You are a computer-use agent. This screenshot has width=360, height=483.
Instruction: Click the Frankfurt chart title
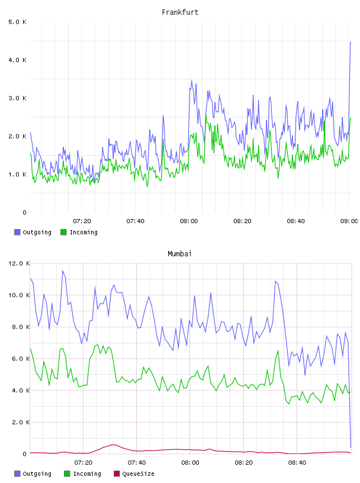pyautogui.click(x=180, y=12)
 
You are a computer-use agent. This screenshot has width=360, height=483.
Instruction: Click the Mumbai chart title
pyautogui.click(x=179, y=254)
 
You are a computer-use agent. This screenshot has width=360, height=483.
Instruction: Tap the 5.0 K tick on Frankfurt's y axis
pyautogui.click(x=17, y=22)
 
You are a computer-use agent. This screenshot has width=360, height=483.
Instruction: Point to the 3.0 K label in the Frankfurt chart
pyautogui.click(x=17, y=98)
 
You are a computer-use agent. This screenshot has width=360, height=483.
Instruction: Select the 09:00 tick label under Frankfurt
pyautogui.click(x=349, y=221)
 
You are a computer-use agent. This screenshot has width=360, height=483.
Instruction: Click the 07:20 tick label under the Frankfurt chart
pyautogui.click(x=82, y=221)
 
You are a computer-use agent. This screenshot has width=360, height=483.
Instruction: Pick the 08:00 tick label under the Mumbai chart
pyautogui.click(x=190, y=463)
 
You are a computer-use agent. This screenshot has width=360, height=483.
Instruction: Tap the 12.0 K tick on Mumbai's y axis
pyautogui.click(x=19, y=263)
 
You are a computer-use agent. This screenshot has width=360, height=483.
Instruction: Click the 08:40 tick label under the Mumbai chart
pyautogui.click(x=297, y=463)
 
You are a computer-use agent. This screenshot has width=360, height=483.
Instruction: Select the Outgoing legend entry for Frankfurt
pyautogui.click(x=33, y=232)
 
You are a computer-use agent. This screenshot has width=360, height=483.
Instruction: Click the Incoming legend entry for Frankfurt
pyautogui.click(x=79, y=232)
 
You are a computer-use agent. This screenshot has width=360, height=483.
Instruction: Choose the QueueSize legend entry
pyautogui.click(x=134, y=474)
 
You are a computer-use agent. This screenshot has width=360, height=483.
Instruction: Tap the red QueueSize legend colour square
pyautogui.click(x=117, y=474)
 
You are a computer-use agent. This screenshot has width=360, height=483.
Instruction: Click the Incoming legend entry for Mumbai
pyautogui.click(x=82, y=474)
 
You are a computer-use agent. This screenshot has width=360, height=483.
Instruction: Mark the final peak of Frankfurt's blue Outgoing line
pyautogui.click(x=351, y=43)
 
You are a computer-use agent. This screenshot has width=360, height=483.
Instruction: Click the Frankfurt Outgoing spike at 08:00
pyautogui.click(x=191, y=80)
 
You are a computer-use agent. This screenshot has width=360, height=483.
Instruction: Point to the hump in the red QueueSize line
pyautogui.click(x=113, y=445)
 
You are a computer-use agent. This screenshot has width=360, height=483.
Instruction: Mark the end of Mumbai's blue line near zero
pyautogui.click(x=351, y=447)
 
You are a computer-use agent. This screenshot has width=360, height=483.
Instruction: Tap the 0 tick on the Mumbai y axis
pyautogui.click(x=24, y=454)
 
